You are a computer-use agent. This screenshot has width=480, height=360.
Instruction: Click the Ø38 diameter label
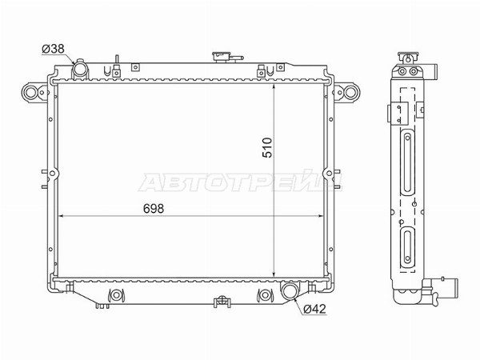[x=54, y=49]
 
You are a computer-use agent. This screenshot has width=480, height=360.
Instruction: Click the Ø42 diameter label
[x=314, y=309]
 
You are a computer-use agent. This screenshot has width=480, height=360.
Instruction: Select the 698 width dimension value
[x=154, y=209]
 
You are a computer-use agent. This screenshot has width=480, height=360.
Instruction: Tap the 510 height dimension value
[x=267, y=147]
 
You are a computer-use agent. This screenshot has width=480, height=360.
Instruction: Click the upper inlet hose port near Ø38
[x=80, y=69]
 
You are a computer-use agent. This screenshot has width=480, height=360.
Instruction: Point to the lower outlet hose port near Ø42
[x=290, y=290]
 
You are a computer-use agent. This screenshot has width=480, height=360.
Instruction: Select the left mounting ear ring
[x=30, y=92]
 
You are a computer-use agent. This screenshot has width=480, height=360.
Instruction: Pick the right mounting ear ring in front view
[x=350, y=92]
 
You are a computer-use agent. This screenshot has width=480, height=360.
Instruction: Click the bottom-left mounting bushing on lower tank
[x=116, y=295]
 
